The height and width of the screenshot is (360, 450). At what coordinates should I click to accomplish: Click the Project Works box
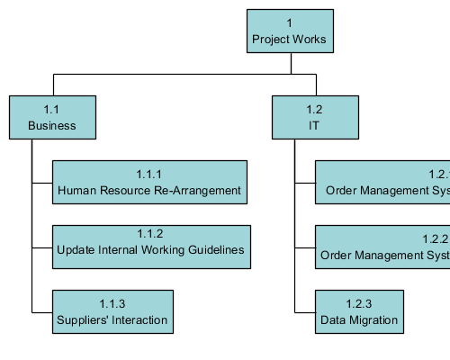click(x=289, y=31)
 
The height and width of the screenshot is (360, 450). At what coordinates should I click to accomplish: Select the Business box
click(x=52, y=117)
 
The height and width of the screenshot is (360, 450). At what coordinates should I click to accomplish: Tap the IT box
click(x=313, y=117)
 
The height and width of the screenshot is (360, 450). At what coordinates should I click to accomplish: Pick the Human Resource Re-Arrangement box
click(x=149, y=182)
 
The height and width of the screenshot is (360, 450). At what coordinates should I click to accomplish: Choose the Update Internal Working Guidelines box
click(x=150, y=247)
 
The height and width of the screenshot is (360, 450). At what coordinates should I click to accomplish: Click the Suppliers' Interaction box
click(x=112, y=311)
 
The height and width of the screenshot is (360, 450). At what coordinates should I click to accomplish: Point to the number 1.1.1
click(x=149, y=174)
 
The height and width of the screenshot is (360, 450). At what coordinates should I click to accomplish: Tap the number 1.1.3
click(x=112, y=303)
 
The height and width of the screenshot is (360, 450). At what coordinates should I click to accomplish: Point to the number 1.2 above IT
click(x=313, y=110)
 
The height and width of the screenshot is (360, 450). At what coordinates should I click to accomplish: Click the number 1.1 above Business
click(x=52, y=110)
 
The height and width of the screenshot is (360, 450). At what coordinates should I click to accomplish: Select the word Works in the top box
click(x=310, y=40)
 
